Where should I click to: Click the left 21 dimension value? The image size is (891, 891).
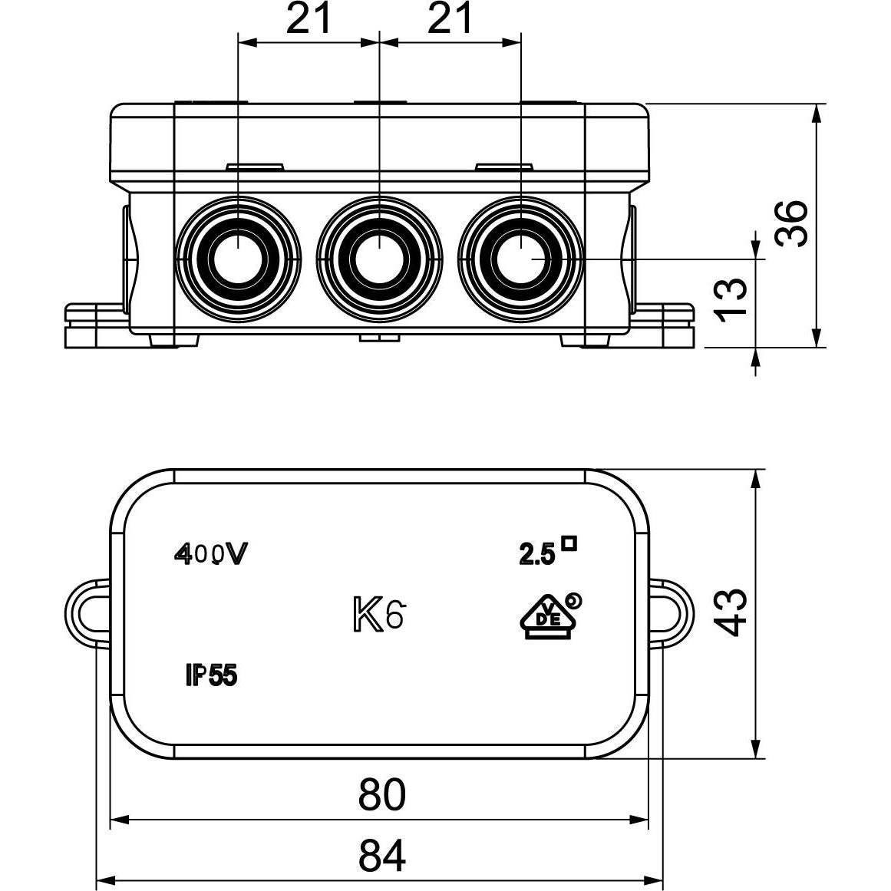pos(309,19)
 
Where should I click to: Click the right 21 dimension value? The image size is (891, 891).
pos(450,19)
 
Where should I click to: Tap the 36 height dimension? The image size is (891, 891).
pos(792,223)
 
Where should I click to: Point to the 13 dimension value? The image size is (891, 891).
pos(731,299)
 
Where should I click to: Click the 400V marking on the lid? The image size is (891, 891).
pos(211,555)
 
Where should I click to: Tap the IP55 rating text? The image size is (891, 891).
pos(210,675)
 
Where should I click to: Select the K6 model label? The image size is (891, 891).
pos(378,614)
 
